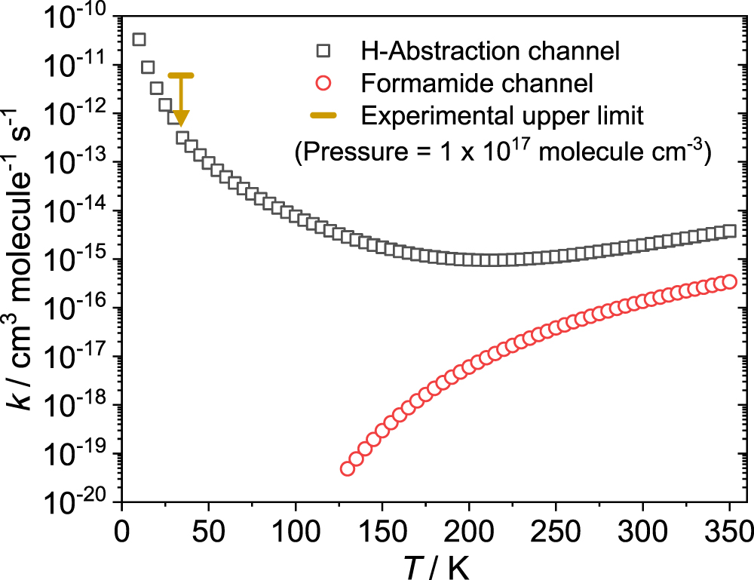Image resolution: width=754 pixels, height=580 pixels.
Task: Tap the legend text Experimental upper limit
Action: click(502, 116)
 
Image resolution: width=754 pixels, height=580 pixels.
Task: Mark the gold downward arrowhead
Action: click(181, 118)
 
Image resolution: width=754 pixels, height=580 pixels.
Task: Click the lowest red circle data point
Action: click(348, 468)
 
